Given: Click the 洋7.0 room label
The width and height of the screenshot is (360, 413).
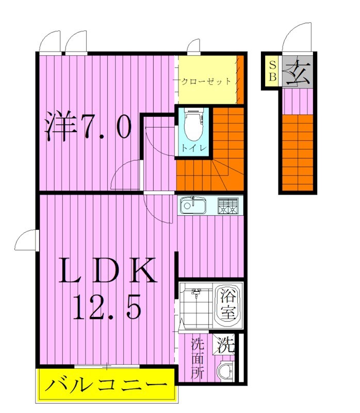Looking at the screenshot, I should (88, 126).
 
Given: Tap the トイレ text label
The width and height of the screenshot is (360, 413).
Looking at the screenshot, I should (193, 148).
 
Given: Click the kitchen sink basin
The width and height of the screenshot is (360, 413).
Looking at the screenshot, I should (193, 206).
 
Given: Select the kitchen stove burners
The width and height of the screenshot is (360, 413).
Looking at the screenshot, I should (228, 206).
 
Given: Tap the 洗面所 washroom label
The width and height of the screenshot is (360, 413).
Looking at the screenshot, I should (197, 358).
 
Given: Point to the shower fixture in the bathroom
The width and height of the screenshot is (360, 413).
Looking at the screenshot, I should (197, 295).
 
